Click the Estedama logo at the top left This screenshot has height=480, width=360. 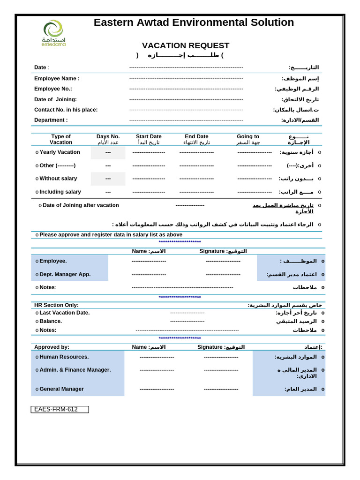(x=53, y=33)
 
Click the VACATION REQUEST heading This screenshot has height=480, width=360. (x=186, y=45)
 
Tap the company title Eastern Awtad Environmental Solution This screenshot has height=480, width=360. (x=194, y=22)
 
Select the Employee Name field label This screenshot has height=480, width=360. (x=57, y=79)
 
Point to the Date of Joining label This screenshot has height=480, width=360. (x=55, y=99)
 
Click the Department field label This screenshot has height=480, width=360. (x=51, y=120)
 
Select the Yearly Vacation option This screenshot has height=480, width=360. (x=60, y=152)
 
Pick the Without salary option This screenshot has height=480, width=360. (x=58, y=179)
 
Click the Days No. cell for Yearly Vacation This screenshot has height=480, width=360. (x=108, y=153)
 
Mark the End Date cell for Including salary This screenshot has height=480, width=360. (x=196, y=192)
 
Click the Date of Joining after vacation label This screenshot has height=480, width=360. (x=81, y=205)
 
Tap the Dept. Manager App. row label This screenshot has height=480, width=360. (x=65, y=274)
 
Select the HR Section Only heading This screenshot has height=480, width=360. (x=56, y=305)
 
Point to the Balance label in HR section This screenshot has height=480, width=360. (x=51, y=321)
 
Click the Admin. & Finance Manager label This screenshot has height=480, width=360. (x=75, y=370)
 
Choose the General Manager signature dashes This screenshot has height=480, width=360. (x=221, y=389)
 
